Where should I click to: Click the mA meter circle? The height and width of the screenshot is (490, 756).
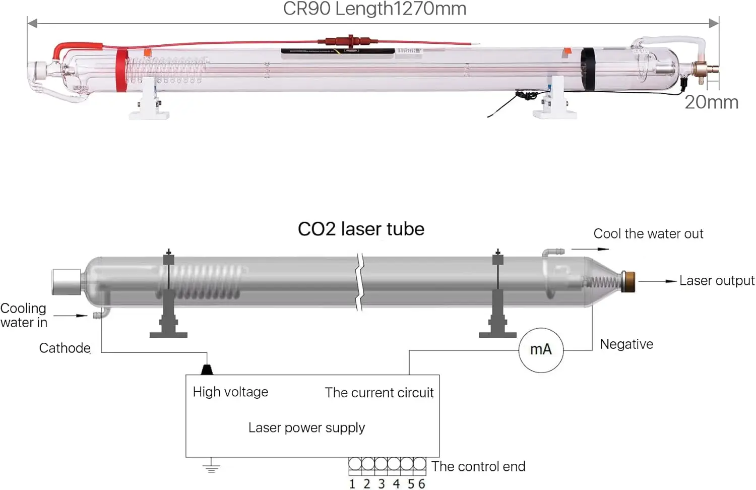click(541, 350)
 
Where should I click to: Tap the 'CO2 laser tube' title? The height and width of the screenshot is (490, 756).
click(361, 229)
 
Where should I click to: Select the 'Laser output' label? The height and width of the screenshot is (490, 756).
click(716, 281)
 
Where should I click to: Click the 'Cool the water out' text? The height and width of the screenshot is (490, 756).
click(648, 234)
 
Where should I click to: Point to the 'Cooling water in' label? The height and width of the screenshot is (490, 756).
click(24, 316)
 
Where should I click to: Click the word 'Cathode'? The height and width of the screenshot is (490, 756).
click(65, 348)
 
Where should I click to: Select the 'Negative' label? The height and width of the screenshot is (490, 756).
click(626, 344)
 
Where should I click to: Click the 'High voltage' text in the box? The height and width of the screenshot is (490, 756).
click(230, 392)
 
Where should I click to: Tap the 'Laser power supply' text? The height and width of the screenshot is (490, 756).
click(306, 428)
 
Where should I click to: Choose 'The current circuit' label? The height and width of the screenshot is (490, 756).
click(379, 393)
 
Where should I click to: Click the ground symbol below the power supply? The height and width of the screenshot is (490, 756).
click(211, 467)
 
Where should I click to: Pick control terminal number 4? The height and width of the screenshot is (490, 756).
click(396, 484)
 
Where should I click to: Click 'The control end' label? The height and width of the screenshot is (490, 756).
click(478, 467)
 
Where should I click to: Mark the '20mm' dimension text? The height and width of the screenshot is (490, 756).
click(711, 102)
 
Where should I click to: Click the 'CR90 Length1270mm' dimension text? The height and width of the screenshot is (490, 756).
click(374, 9)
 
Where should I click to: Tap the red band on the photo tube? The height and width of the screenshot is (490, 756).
click(121, 70)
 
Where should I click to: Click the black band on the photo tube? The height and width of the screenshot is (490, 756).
click(588, 69)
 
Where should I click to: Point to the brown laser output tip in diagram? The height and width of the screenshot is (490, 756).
click(628, 281)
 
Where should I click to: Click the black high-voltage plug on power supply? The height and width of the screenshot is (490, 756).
click(207, 370)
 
